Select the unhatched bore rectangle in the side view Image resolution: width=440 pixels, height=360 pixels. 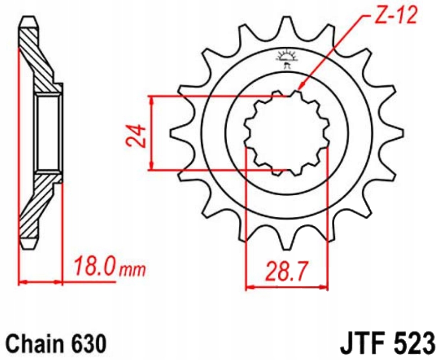[48, 133]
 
